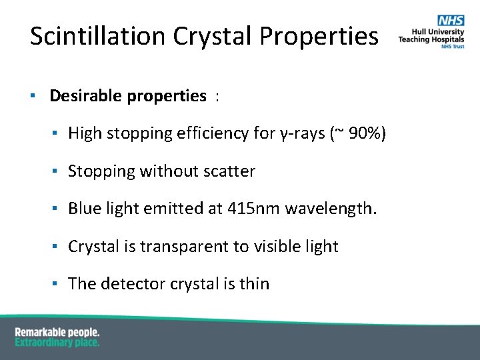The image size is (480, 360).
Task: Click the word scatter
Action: pos(229,171)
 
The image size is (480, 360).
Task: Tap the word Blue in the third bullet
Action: pos(83,209)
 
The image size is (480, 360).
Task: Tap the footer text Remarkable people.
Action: pos(57,332)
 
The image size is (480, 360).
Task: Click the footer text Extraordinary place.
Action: pos(57,342)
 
